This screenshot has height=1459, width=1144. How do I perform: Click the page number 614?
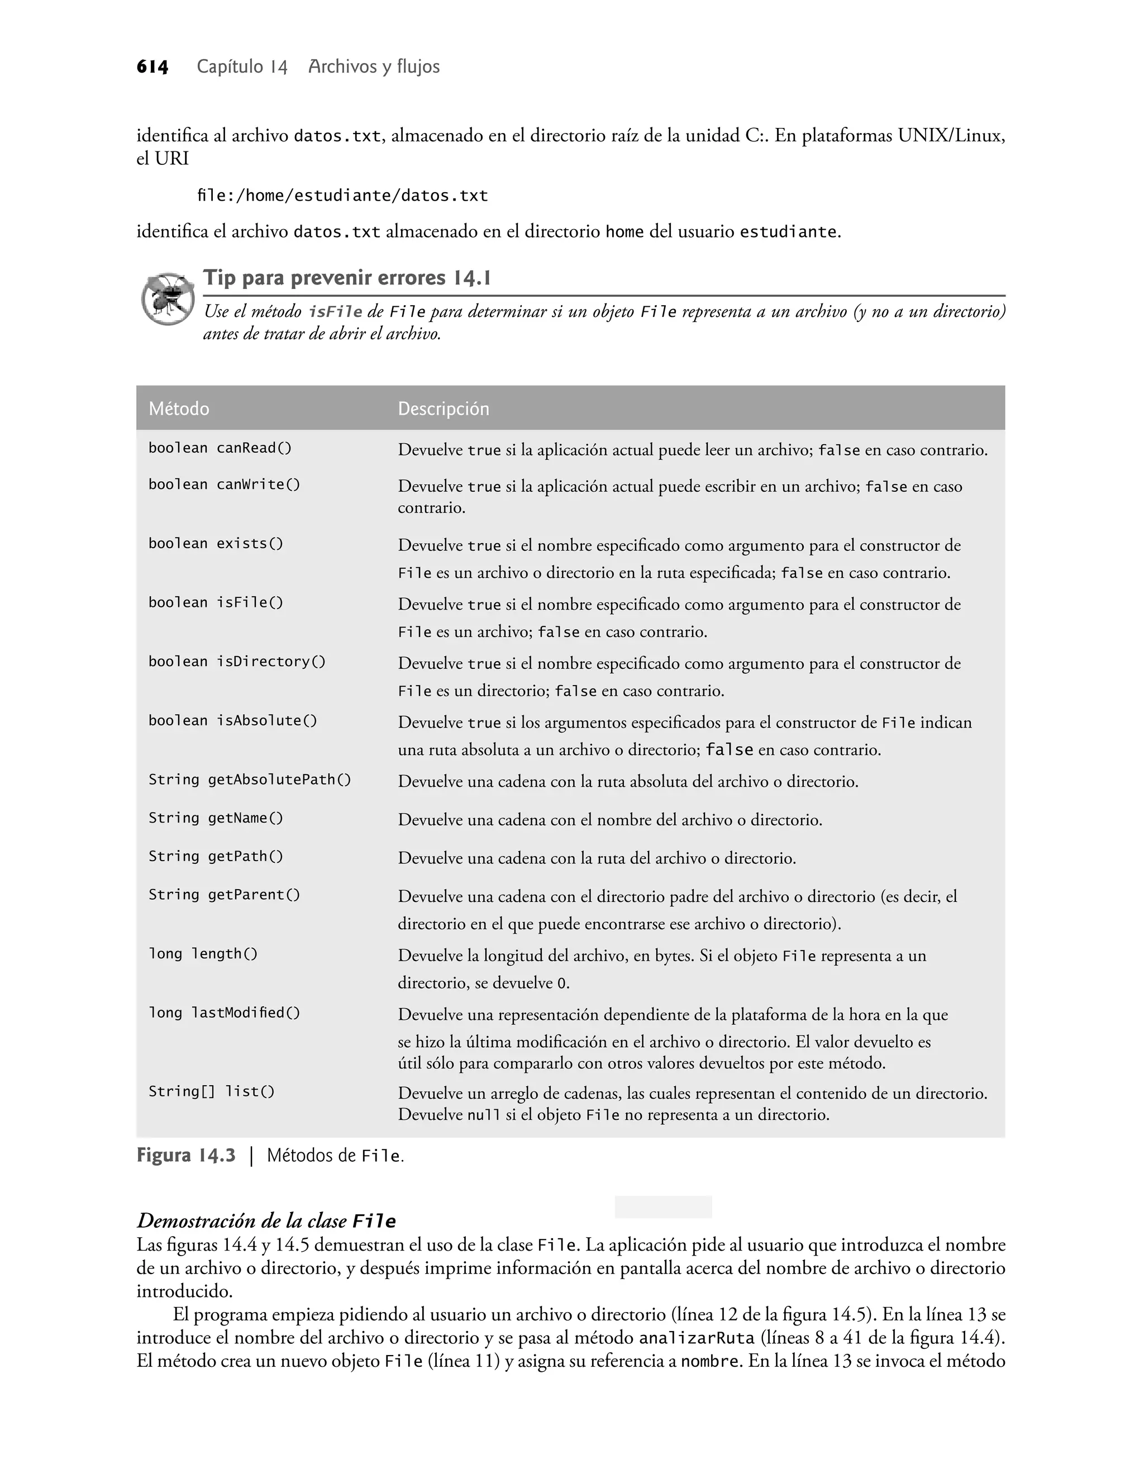pos(152,67)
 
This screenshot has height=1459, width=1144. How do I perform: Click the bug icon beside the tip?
pos(167,299)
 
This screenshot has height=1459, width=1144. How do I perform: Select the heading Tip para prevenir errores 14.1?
pos(347,278)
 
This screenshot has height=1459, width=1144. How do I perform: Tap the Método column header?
pos(179,408)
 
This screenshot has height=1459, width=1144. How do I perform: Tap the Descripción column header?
pos(444,408)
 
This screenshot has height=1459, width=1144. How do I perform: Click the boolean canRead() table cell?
pos(220,448)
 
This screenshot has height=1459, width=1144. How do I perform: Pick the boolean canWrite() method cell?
pos(225,484)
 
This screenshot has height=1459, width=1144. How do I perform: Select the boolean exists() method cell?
pos(216,543)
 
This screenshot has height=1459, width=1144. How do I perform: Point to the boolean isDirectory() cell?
pos(236,662)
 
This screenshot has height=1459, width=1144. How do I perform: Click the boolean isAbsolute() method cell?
pos(232,721)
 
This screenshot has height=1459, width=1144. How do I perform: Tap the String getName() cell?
pos(216,818)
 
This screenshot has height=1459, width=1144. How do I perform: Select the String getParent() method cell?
pos(225,895)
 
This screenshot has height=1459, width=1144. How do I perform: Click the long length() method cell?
pos(203,954)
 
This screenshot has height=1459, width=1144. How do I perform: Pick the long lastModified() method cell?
pos(225,1013)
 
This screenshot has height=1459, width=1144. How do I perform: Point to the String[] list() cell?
pos(212,1092)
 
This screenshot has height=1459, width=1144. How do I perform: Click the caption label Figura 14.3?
pos(186,1156)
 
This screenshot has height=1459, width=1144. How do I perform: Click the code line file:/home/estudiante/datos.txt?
pos(342,196)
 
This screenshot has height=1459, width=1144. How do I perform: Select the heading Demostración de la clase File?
pos(266,1220)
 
